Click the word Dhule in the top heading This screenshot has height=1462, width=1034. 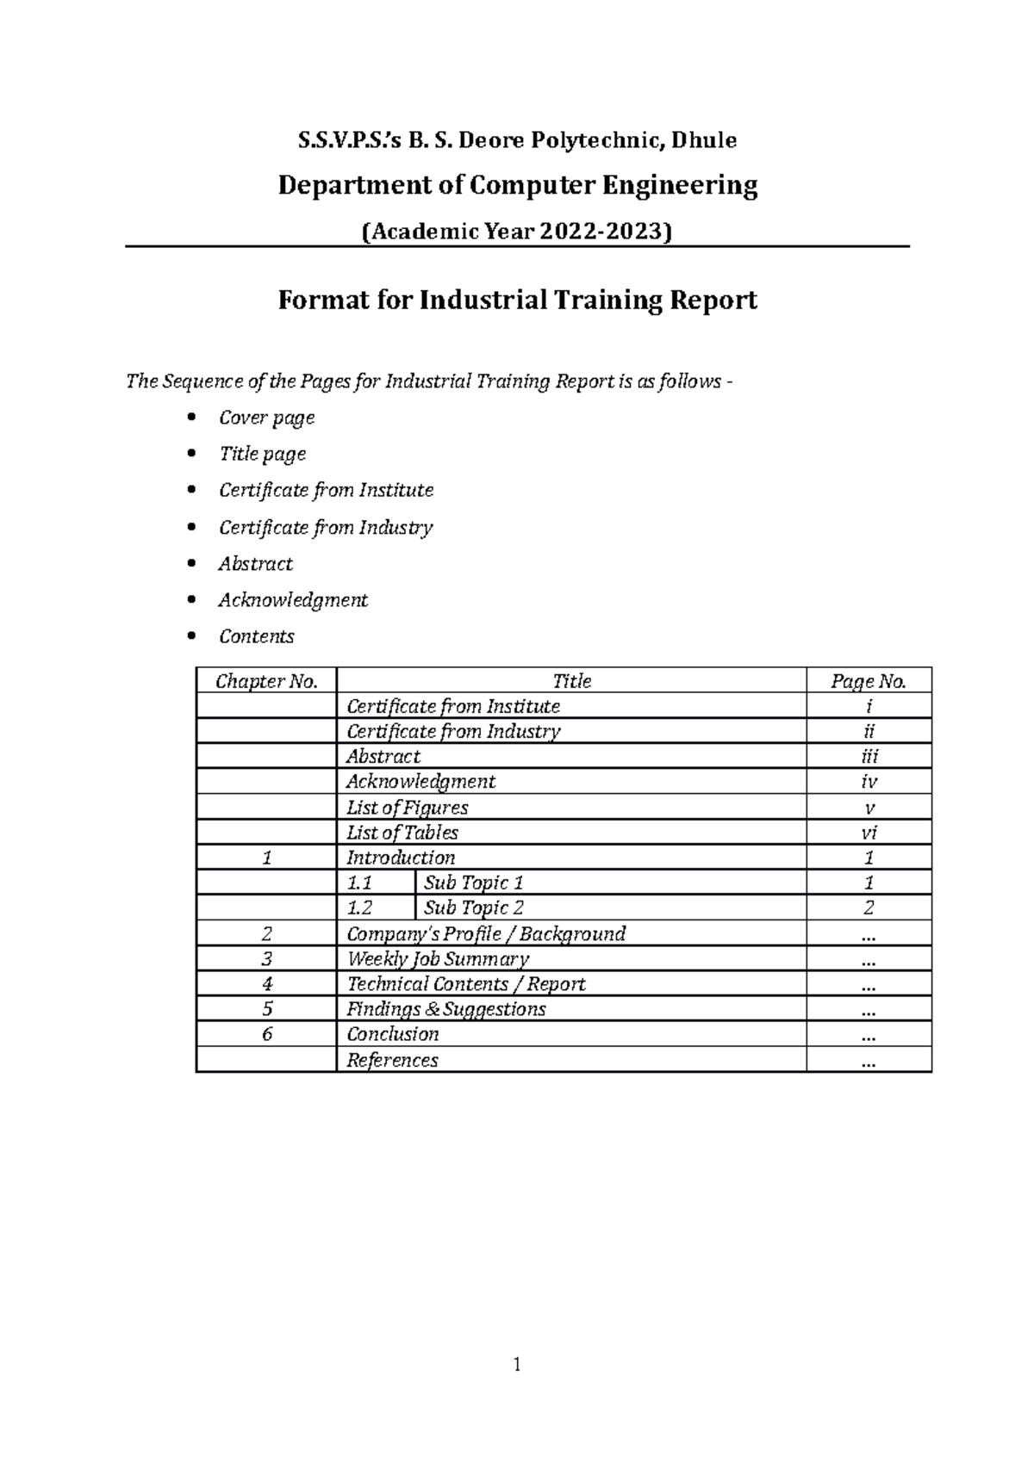click(x=704, y=140)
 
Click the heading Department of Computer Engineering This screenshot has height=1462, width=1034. click(x=517, y=185)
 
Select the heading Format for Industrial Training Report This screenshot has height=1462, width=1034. click(x=517, y=300)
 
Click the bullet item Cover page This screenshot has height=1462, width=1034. click(x=266, y=418)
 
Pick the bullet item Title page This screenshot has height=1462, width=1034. click(x=262, y=454)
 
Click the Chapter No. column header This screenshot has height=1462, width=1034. click(x=266, y=681)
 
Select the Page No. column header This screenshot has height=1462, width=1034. click(x=868, y=681)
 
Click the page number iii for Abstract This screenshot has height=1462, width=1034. click(x=869, y=757)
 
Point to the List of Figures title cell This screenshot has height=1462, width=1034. click(x=407, y=808)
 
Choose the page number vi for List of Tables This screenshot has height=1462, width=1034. click(x=869, y=833)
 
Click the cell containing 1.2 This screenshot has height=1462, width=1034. click(x=359, y=908)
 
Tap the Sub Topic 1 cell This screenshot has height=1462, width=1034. click(x=473, y=883)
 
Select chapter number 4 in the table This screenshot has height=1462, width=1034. click(x=266, y=983)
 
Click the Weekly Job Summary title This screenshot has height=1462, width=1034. click(x=437, y=958)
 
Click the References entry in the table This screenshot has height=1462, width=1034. click(x=392, y=1060)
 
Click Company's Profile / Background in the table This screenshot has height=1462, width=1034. click(x=485, y=933)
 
